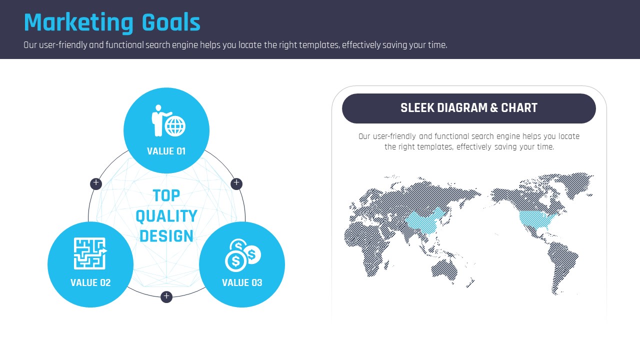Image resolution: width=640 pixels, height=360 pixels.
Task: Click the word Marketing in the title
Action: tap(78, 22)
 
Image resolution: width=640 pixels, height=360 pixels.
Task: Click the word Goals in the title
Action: tap(171, 22)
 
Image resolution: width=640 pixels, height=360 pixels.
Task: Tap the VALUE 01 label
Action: tap(166, 151)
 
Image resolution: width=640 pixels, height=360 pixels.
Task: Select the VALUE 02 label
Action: tap(90, 282)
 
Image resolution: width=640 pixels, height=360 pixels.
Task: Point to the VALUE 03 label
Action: tap(242, 282)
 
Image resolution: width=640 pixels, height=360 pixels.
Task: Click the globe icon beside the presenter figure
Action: tap(175, 126)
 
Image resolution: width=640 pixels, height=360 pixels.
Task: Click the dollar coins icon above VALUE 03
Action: tap(243, 255)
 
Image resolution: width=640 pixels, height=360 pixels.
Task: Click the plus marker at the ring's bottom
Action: tap(166, 297)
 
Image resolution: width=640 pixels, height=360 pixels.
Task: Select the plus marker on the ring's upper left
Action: tap(96, 183)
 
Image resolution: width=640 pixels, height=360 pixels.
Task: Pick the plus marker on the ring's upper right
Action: tap(236, 183)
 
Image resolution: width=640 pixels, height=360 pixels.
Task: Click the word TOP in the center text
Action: tap(166, 195)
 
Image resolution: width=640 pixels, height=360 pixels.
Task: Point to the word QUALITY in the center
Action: tap(166, 216)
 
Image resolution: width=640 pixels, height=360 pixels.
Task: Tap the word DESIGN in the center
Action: tap(166, 236)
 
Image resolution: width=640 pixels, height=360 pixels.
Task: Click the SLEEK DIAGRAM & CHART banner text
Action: tap(469, 108)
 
